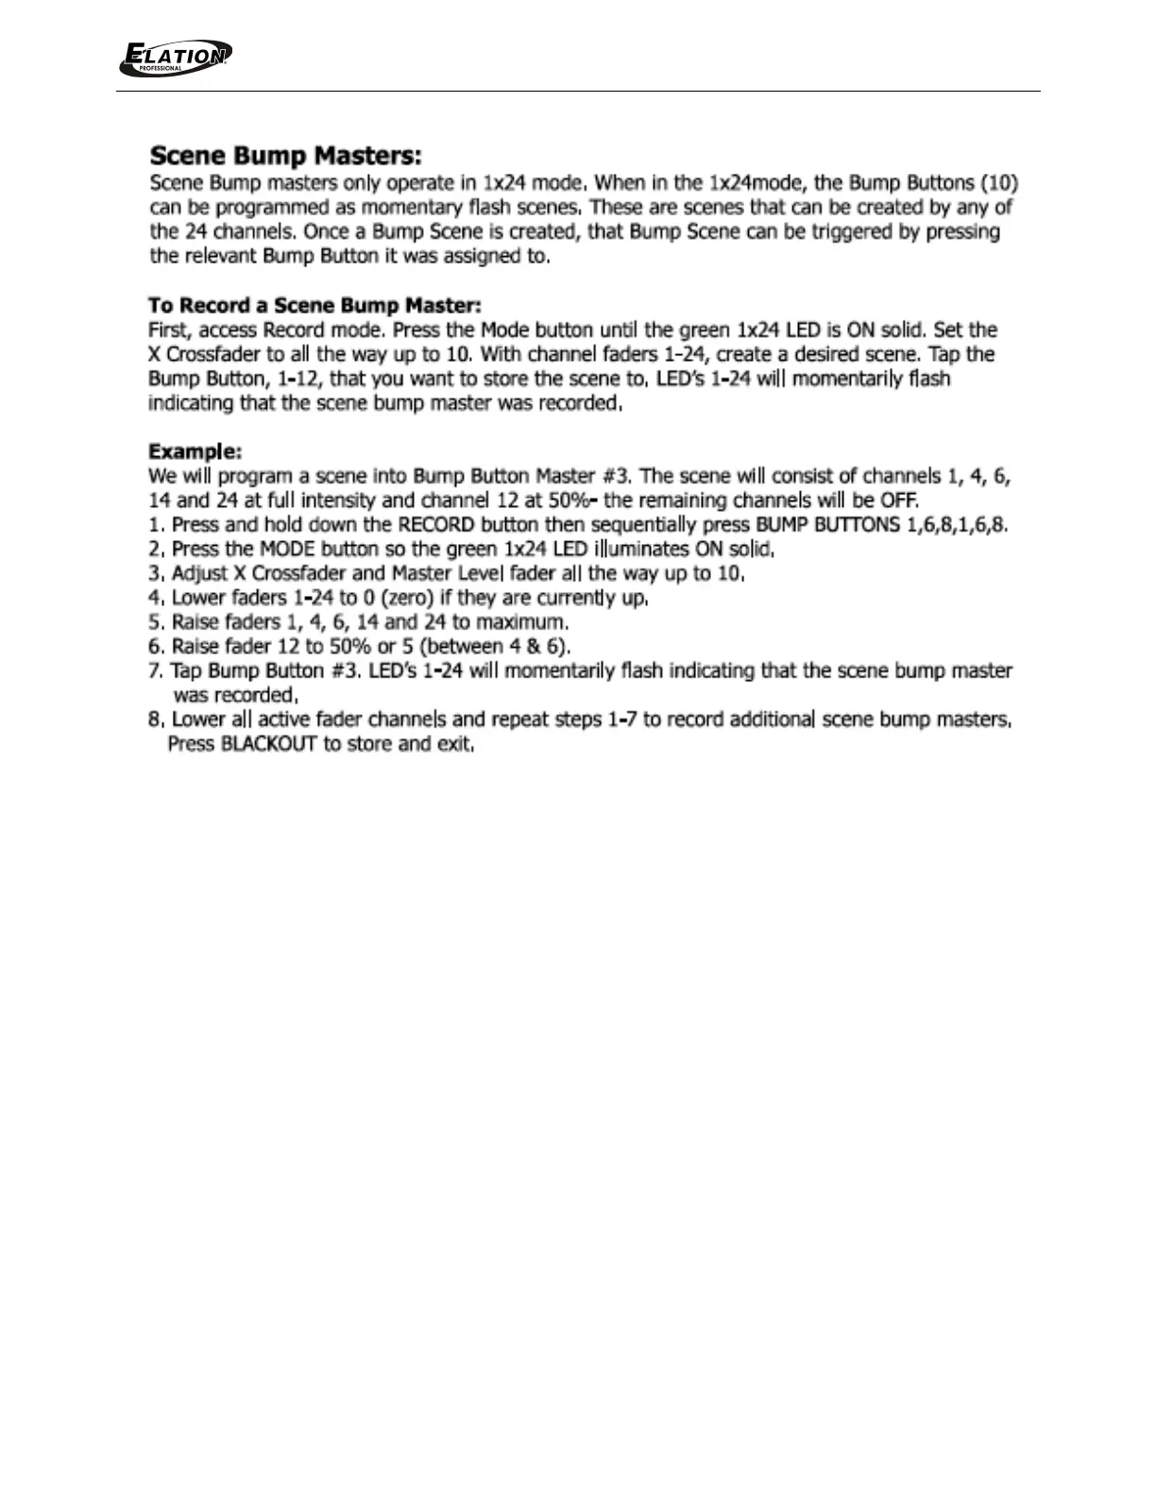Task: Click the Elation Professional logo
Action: pyautogui.click(x=175, y=58)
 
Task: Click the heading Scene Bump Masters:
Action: pyautogui.click(x=286, y=155)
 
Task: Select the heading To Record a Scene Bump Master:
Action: pyautogui.click(x=314, y=305)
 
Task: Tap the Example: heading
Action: pyautogui.click(x=195, y=451)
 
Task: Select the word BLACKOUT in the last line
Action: pyautogui.click(x=268, y=743)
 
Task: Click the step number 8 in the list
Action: pyautogui.click(x=156, y=720)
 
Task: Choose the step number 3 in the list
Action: pyautogui.click(x=156, y=573)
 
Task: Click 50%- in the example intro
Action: pyautogui.click(x=572, y=500)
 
